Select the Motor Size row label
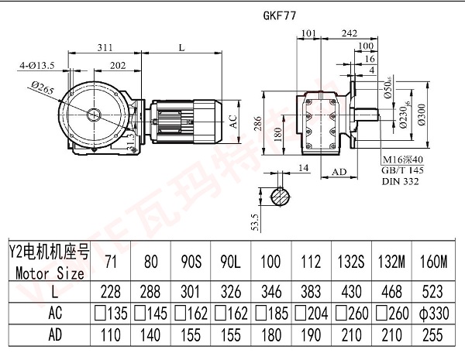coord(49,273)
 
